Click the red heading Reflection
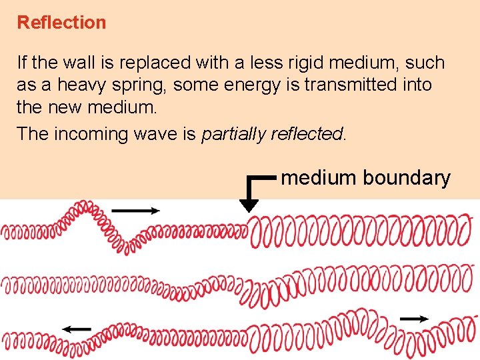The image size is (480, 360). pos(61,23)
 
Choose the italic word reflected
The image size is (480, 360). pos(306,134)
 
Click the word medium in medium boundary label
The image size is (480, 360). pos(319,178)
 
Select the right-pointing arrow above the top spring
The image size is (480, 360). pos(136,211)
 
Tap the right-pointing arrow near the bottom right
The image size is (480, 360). pos(415,319)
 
